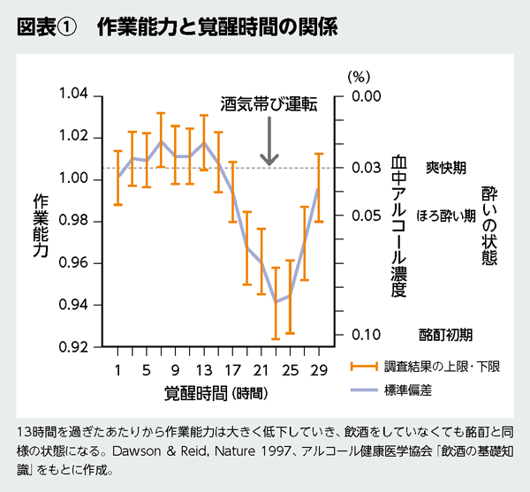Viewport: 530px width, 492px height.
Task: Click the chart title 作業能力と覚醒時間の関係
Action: [216, 26]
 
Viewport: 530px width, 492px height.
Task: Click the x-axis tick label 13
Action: [203, 368]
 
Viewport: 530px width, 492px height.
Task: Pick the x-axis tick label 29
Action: [318, 368]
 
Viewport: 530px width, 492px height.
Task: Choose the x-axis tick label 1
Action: [117, 368]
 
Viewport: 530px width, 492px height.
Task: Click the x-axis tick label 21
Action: [261, 368]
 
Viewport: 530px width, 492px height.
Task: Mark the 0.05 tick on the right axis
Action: [365, 216]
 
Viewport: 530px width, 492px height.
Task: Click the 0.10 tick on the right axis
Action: [365, 335]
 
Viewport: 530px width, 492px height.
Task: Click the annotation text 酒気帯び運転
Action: [269, 103]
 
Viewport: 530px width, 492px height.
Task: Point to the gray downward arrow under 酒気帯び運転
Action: [269, 143]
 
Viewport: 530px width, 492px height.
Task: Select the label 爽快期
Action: [446, 167]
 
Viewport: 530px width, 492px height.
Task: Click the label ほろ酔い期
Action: [446, 216]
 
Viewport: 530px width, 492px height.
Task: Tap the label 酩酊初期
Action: [446, 335]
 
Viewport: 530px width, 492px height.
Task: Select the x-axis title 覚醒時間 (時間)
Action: [216, 390]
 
